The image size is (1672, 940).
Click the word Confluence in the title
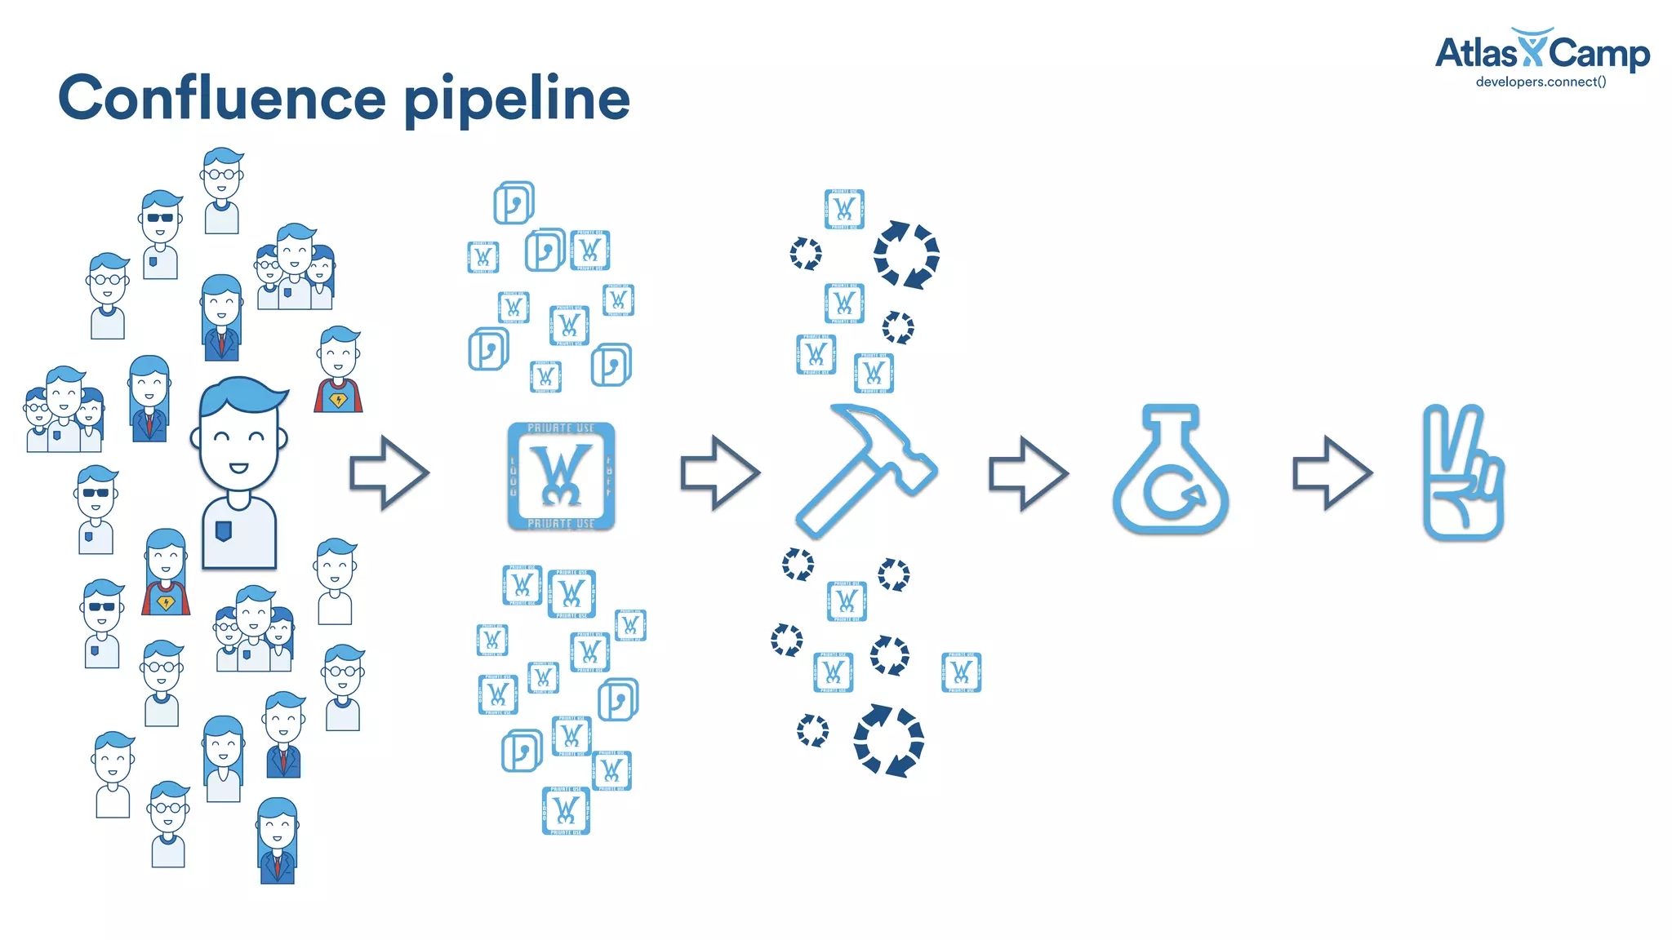[x=221, y=98]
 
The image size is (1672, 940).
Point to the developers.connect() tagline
[x=1541, y=82]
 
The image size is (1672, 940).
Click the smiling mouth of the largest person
[x=238, y=468]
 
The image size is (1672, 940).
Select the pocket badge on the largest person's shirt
[x=223, y=531]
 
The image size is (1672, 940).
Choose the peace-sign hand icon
[x=1462, y=473]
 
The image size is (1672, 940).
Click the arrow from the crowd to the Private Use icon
[x=389, y=473]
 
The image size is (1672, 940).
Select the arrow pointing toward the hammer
[x=720, y=473]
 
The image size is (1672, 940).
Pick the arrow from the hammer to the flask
[x=1028, y=473]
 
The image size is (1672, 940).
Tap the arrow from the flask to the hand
[x=1332, y=473]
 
